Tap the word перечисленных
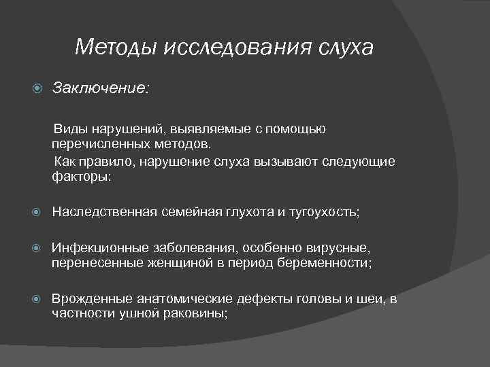point(97,144)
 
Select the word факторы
point(80,177)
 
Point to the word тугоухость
point(322,212)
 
